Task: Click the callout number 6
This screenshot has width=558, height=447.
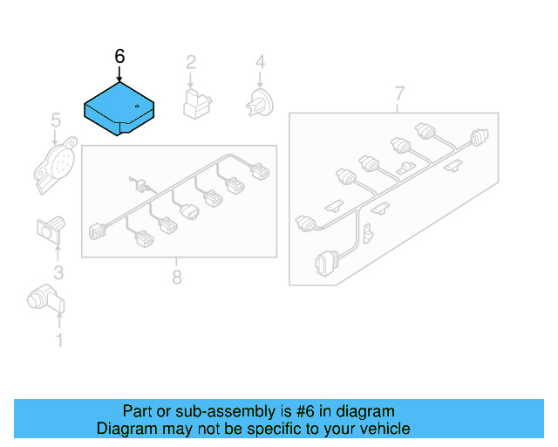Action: pos(120,56)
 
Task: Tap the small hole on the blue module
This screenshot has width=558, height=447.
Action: pos(138,107)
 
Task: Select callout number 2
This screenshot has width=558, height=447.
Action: pos(190,62)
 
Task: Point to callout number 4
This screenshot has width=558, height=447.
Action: pos(259,62)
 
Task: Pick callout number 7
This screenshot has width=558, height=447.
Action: pos(399,93)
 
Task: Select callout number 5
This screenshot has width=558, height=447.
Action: pos(55,120)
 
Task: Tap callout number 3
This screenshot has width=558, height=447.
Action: pos(58,272)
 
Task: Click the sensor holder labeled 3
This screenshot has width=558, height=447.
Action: pos(50,229)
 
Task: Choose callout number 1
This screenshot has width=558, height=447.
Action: pos(59,340)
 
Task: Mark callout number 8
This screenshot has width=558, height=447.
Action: pos(176,278)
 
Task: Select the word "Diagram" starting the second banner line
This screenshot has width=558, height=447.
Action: pos(125,429)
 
